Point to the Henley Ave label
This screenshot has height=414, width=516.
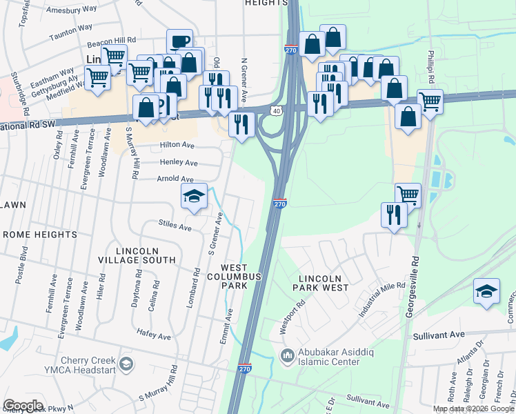pyautogui.click(x=179, y=162)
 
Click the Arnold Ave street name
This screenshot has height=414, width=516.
pyautogui.click(x=175, y=179)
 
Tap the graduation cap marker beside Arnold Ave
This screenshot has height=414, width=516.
pyautogui.click(x=194, y=196)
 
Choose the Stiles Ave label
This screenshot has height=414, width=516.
pyautogui.click(x=175, y=224)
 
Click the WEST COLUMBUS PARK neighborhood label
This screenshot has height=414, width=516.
pyautogui.click(x=241, y=276)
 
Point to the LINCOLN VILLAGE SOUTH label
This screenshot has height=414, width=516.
pyautogui.click(x=137, y=255)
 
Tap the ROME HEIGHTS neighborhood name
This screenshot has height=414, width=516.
pyautogui.click(x=40, y=235)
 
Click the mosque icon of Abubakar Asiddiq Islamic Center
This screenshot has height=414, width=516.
pyautogui.click(x=288, y=355)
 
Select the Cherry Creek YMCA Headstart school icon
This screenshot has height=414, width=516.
pyautogui.click(x=126, y=363)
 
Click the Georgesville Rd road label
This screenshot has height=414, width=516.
pyautogui.click(x=416, y=276)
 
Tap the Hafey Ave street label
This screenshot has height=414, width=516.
pyautogui.click(x=154, y=336)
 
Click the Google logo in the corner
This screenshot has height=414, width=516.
pyautogui.click(x=23, y=406)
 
